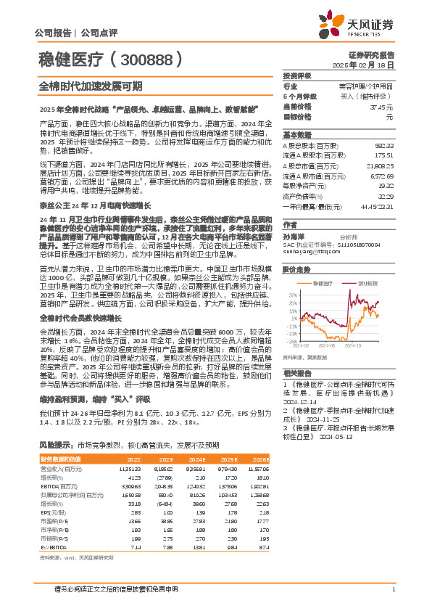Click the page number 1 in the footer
[x=392, y=589]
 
